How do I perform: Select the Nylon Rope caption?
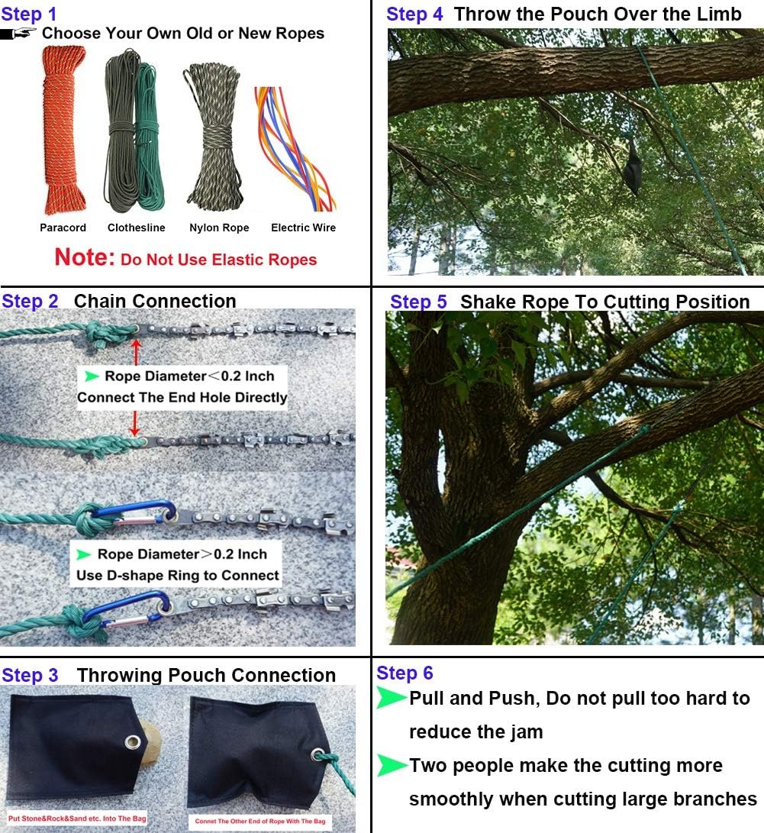[x=219, y=228]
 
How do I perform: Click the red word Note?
[x=84, y=257]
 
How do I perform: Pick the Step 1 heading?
[x=29, y=14]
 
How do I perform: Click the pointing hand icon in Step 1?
[x=18, y=34]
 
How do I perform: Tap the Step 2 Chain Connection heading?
[x=118, y=301]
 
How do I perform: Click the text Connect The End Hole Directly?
[x=182, y=397]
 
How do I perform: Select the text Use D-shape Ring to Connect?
[x=178, y=575]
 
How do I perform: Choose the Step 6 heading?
[x=405, y=673]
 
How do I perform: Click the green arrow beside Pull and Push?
[x=391, y=698]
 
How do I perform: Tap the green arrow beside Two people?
[x=391, y=765]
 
